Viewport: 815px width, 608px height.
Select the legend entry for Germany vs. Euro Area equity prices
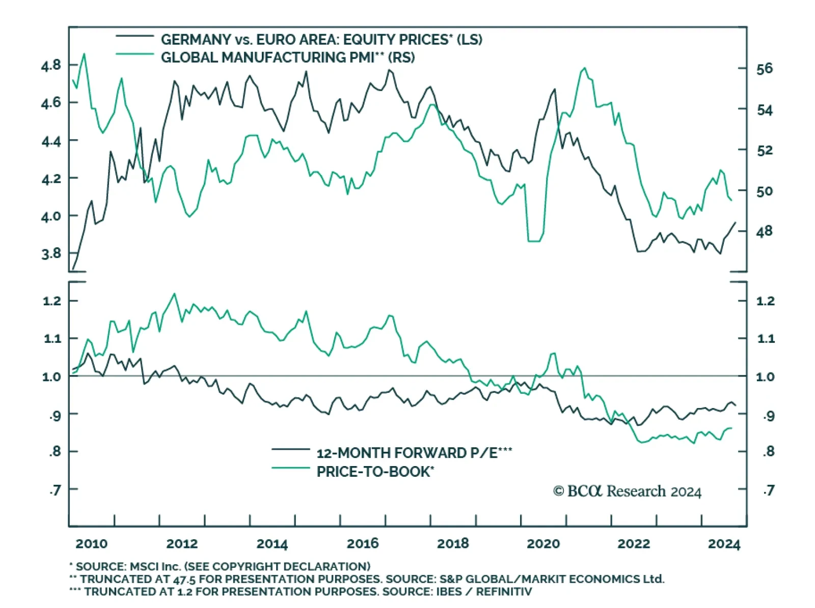(321, 40)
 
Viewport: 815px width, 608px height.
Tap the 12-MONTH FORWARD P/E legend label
(414, 453)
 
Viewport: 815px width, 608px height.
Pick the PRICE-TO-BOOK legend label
(375, 472)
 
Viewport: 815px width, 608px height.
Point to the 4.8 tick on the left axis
(51, 65)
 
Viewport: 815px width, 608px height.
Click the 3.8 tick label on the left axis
(51, 253)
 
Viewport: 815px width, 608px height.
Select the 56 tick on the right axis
(764, 69)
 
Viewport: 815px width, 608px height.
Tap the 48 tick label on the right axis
(764, 231)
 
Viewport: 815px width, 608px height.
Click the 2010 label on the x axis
(92, 543)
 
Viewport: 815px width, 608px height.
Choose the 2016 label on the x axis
(363, 543)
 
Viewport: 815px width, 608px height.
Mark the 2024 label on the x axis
(724, 544)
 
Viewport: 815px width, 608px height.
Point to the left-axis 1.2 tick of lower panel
(52, 301)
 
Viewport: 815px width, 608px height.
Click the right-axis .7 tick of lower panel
(769, 490)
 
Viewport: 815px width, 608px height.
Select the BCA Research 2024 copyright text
(627, 491)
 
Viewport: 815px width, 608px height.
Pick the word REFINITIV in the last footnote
(504, 592)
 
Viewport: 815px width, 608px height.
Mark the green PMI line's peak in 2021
(584, 68)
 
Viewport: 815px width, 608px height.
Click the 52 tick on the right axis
(764, 151)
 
